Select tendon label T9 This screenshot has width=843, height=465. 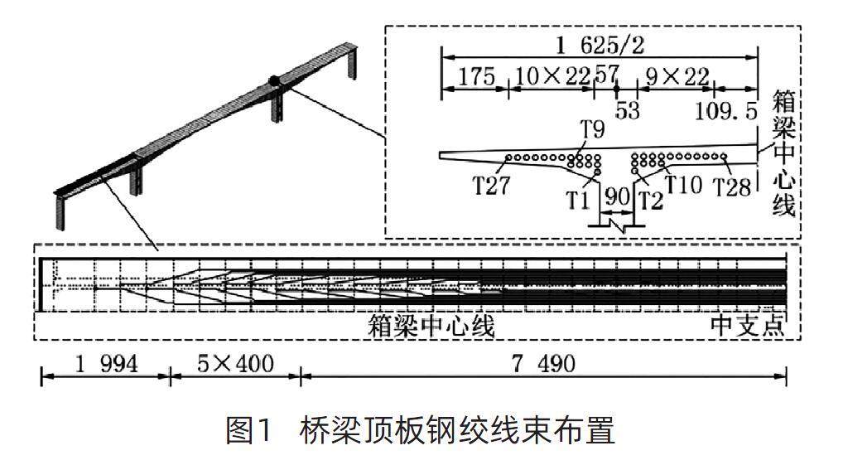pyautogui.click(x=592, y=130)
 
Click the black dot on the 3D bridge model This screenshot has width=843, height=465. pyautogui.click(x=274, y=81)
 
